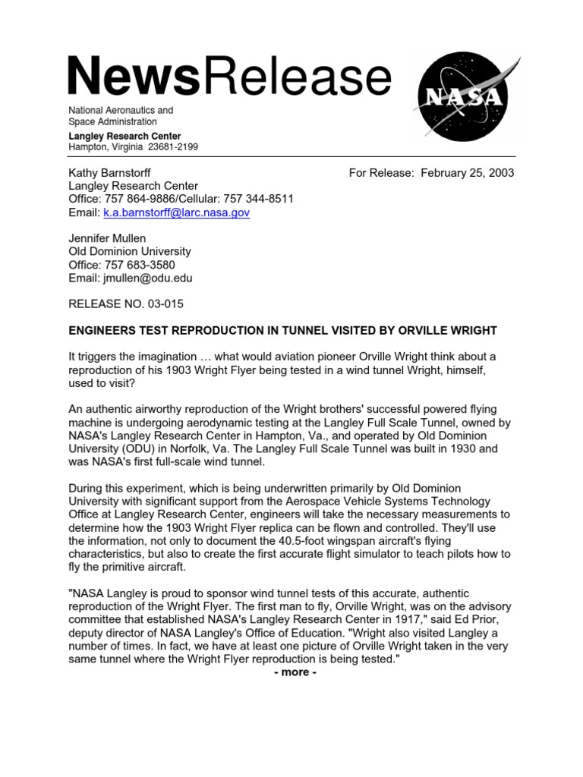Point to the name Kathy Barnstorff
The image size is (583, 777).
(x=110, y=173)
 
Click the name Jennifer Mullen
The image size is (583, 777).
(x=108, y=238)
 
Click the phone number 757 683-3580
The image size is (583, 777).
(x=139, y=265)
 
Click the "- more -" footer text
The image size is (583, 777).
(x=295, y=672)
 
